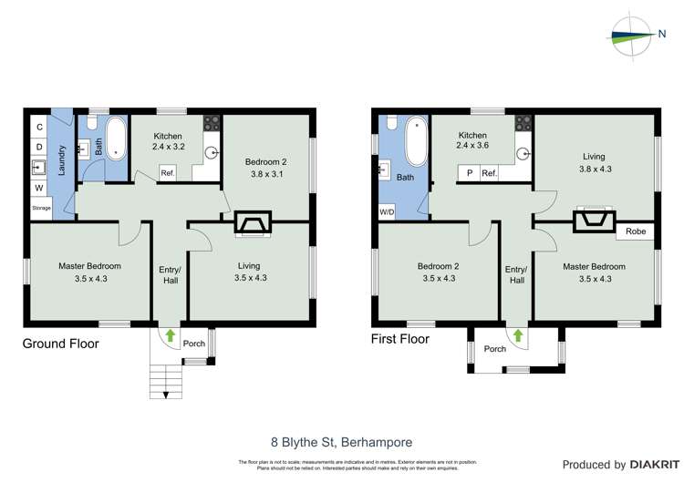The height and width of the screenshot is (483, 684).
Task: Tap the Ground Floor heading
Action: [60, 344]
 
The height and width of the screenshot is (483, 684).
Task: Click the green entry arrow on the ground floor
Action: [170, 335]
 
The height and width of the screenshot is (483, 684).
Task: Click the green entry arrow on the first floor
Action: [517, 335]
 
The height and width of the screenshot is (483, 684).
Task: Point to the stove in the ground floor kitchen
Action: [212, 120]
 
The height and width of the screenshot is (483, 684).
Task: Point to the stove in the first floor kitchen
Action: [523, 120]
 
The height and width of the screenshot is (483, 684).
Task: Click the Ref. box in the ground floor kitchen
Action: [168, 173]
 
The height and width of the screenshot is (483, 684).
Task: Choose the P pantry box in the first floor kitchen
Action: [469, 173]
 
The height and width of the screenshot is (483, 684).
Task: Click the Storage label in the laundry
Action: [41, 208]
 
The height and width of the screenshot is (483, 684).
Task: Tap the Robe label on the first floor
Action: [636, 231]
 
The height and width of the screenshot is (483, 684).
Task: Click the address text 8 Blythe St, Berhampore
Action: [332, 442]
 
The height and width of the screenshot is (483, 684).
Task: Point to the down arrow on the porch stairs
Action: [165, 395]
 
